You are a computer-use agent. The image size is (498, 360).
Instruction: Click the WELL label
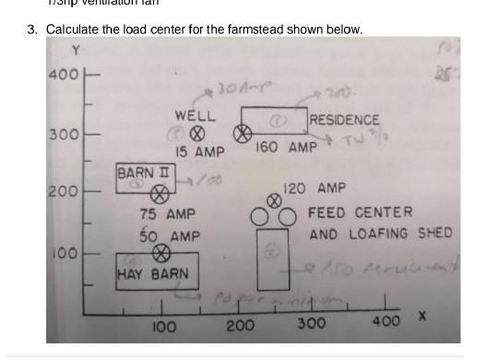(x=195, y=117)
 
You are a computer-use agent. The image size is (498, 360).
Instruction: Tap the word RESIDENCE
(x=344, y=120)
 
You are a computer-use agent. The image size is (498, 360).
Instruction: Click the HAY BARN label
(x=152, y=274)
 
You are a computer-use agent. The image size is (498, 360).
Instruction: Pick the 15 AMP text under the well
(x=200, y=151)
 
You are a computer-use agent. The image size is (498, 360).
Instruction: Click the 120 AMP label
(x=314, y=188)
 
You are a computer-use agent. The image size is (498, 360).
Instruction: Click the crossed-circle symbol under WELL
(x=196, y=134)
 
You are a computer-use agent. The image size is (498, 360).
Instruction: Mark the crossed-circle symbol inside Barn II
(x=160, y=195)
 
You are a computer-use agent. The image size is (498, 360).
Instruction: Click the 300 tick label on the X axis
(x=311, y=324)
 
